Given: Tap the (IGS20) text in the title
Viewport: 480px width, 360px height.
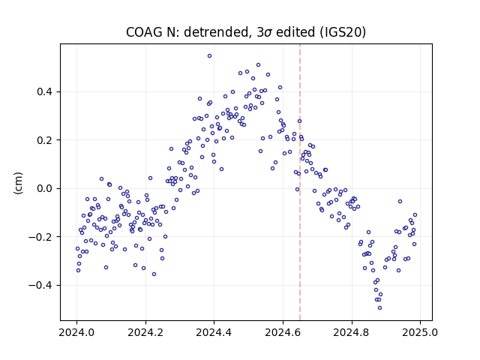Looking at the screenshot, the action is [x=343, y=32].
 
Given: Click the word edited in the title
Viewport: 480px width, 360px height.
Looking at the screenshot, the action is [x=295, y=32].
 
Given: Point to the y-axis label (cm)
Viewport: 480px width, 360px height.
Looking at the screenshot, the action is [x=18, y=183].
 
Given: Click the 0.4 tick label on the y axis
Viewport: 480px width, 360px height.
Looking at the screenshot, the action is [x=45, y=91].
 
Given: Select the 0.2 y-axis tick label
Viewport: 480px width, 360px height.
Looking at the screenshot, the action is [x=45, y=140].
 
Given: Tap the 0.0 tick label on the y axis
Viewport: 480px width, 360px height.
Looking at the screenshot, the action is [x=45, y=188].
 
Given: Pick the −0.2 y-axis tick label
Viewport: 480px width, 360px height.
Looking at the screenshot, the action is [x=41, y=237].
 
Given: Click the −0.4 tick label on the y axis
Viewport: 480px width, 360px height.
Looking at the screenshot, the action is [x=41, y=285].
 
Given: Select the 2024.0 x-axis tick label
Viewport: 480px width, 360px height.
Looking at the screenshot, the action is [x=76, y=332].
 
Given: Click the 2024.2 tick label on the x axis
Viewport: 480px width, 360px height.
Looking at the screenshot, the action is [x=145, y=332].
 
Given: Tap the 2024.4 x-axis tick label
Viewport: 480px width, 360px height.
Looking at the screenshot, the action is [x=214, y=332].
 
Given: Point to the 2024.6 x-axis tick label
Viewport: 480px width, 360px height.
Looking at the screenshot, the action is [x=283, y=332].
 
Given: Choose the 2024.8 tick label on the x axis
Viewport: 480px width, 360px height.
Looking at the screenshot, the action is [x=352, y=332].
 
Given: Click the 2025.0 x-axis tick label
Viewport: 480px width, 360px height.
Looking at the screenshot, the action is [x=421, y=332].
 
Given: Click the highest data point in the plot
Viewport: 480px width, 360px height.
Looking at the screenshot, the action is [x=210, y=56].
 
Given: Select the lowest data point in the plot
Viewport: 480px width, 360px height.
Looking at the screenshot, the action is [x=380, y=308].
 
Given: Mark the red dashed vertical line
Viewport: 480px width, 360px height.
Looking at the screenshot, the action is [x=300, y=182].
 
